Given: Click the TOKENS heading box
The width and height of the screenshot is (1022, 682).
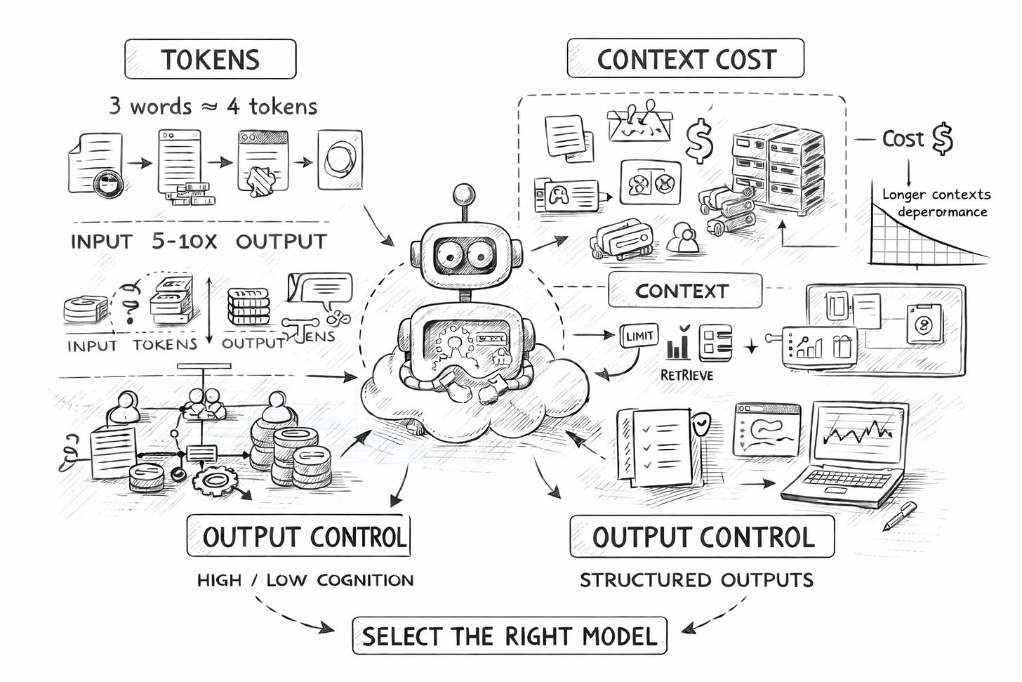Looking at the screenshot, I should click(210, 60).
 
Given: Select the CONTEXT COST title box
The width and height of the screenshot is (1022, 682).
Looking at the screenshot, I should click(685, 59).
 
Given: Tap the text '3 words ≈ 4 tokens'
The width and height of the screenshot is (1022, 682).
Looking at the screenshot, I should click(213, 106).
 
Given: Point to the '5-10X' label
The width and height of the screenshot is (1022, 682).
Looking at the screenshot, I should click(184, 241).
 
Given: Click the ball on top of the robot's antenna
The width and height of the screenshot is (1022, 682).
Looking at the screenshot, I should click(463, 194).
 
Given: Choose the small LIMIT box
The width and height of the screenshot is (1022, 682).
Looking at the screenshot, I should click(639, 336).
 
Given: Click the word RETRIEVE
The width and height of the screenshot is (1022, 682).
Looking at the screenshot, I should click(686, 375).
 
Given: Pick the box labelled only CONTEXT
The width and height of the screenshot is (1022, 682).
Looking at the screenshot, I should click(684, 291).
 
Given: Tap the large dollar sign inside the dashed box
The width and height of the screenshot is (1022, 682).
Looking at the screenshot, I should click(699, 139).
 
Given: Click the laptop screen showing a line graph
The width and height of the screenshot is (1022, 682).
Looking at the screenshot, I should click(857, 435).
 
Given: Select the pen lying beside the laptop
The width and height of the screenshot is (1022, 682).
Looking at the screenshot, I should click(899, 515).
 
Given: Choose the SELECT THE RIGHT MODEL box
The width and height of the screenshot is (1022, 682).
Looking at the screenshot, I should click(509, 636).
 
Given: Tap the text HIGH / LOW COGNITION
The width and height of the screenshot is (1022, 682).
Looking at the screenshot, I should click(305, 580).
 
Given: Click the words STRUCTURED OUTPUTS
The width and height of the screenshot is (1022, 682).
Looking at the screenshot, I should click(696, 580).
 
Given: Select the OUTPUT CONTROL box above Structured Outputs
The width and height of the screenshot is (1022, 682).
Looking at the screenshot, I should click(702, 537).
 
